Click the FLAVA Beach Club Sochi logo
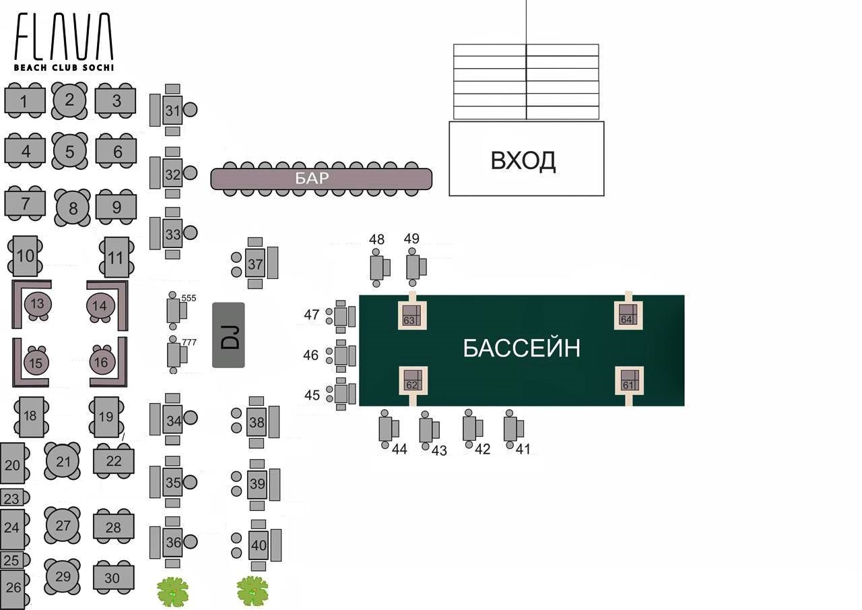[64, 42]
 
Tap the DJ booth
[228, 335]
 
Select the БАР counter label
[312, 179]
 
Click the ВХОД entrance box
[526, 160]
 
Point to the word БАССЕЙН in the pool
[521, 348]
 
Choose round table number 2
[69, 100]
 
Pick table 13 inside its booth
[38, 304]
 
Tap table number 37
[255, 264]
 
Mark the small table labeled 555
[174, 311]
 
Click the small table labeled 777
[174, 355]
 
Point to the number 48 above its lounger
[377, 239]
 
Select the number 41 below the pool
[523, 449]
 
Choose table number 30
[112, 578]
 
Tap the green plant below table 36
[173, 592]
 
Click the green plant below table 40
[253, 591]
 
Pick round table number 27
[63, 525]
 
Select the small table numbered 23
[11, 499]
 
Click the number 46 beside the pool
[310, 355]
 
